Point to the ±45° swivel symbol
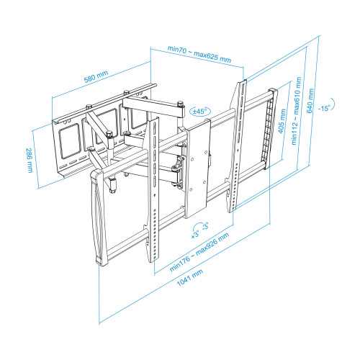point(199,112)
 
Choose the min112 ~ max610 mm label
point(296,117)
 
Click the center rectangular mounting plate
point(198,169)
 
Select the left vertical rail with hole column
point(152,194)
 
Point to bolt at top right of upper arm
point(177,103)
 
